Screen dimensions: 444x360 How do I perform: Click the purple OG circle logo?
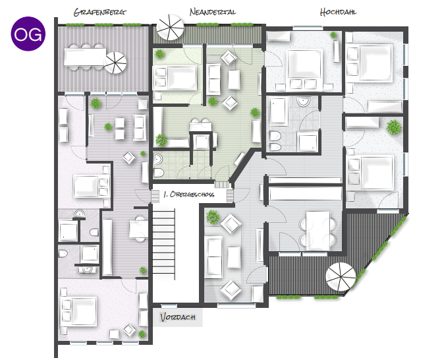click(x=28, y=34)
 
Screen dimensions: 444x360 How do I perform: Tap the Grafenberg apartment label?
click(x=99, y=13)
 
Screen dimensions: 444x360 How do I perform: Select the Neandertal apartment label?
click(x=212, y=12)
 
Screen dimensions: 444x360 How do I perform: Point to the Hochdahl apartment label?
click(x=338, y=12)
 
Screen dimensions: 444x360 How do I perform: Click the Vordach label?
click(x=178, y=317)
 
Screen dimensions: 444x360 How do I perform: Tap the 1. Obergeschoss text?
click(x=189, y=195)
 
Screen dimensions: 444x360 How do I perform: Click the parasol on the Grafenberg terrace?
click(x=115, y=63)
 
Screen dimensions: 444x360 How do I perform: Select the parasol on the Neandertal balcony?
click(x=171, y=28)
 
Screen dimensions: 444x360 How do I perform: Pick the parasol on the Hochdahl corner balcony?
click(x=341, y=277)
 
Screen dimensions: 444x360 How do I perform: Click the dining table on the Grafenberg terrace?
click(x=85, y=57)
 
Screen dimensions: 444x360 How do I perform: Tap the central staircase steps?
click(x=163, y=241)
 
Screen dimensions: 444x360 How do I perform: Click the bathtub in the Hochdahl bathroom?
click(x=279, y=111)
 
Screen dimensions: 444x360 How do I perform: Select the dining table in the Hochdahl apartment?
click(x=318, y=230)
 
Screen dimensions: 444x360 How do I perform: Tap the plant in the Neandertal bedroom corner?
click(x=159, y=54)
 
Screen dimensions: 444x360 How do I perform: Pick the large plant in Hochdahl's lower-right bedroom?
click(x=394, y=127)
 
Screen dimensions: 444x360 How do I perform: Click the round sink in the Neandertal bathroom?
click(x=158, y=160)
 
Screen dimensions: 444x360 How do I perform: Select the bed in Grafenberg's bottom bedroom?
click(x=79, y=311)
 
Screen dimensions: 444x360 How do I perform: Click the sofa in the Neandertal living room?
click(x=213, y=79)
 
